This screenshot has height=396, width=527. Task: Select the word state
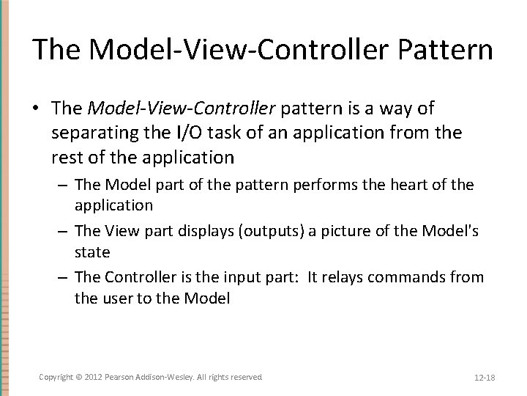pyautogui.click(x=92, y=252)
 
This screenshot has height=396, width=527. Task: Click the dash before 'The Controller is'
pyautogui.click(x=64, y=278)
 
